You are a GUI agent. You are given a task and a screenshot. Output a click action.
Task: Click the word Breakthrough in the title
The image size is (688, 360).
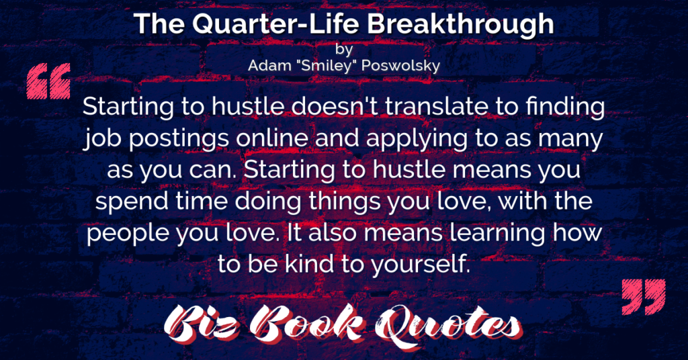pyautogui.click(x=460, y=25)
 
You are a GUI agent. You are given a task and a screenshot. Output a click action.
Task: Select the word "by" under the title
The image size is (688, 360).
pyautogui.click(x=344, y=49)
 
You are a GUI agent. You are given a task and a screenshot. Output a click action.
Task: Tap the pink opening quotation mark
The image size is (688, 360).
pyautogui.click(x=48, y=81)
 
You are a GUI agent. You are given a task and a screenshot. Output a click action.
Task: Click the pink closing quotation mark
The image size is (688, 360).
pyautogui.click(x=644, y=296)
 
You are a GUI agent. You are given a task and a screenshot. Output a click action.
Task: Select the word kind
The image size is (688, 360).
pyautogui.click(x=310, y=264)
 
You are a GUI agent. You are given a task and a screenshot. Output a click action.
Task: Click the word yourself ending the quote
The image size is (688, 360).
pyautogui.click(x=421, y=265)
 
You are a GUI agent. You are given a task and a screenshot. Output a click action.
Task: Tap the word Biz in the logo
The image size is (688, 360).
pyautogui.click(x=201, y=325)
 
